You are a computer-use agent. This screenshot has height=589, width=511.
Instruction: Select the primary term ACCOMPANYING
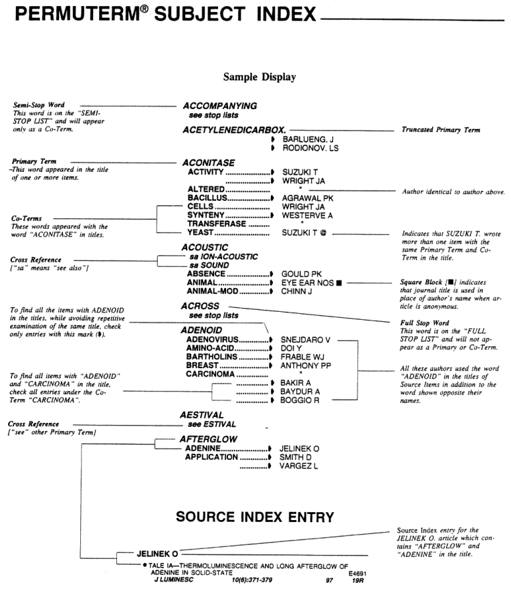coord(220,106)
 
